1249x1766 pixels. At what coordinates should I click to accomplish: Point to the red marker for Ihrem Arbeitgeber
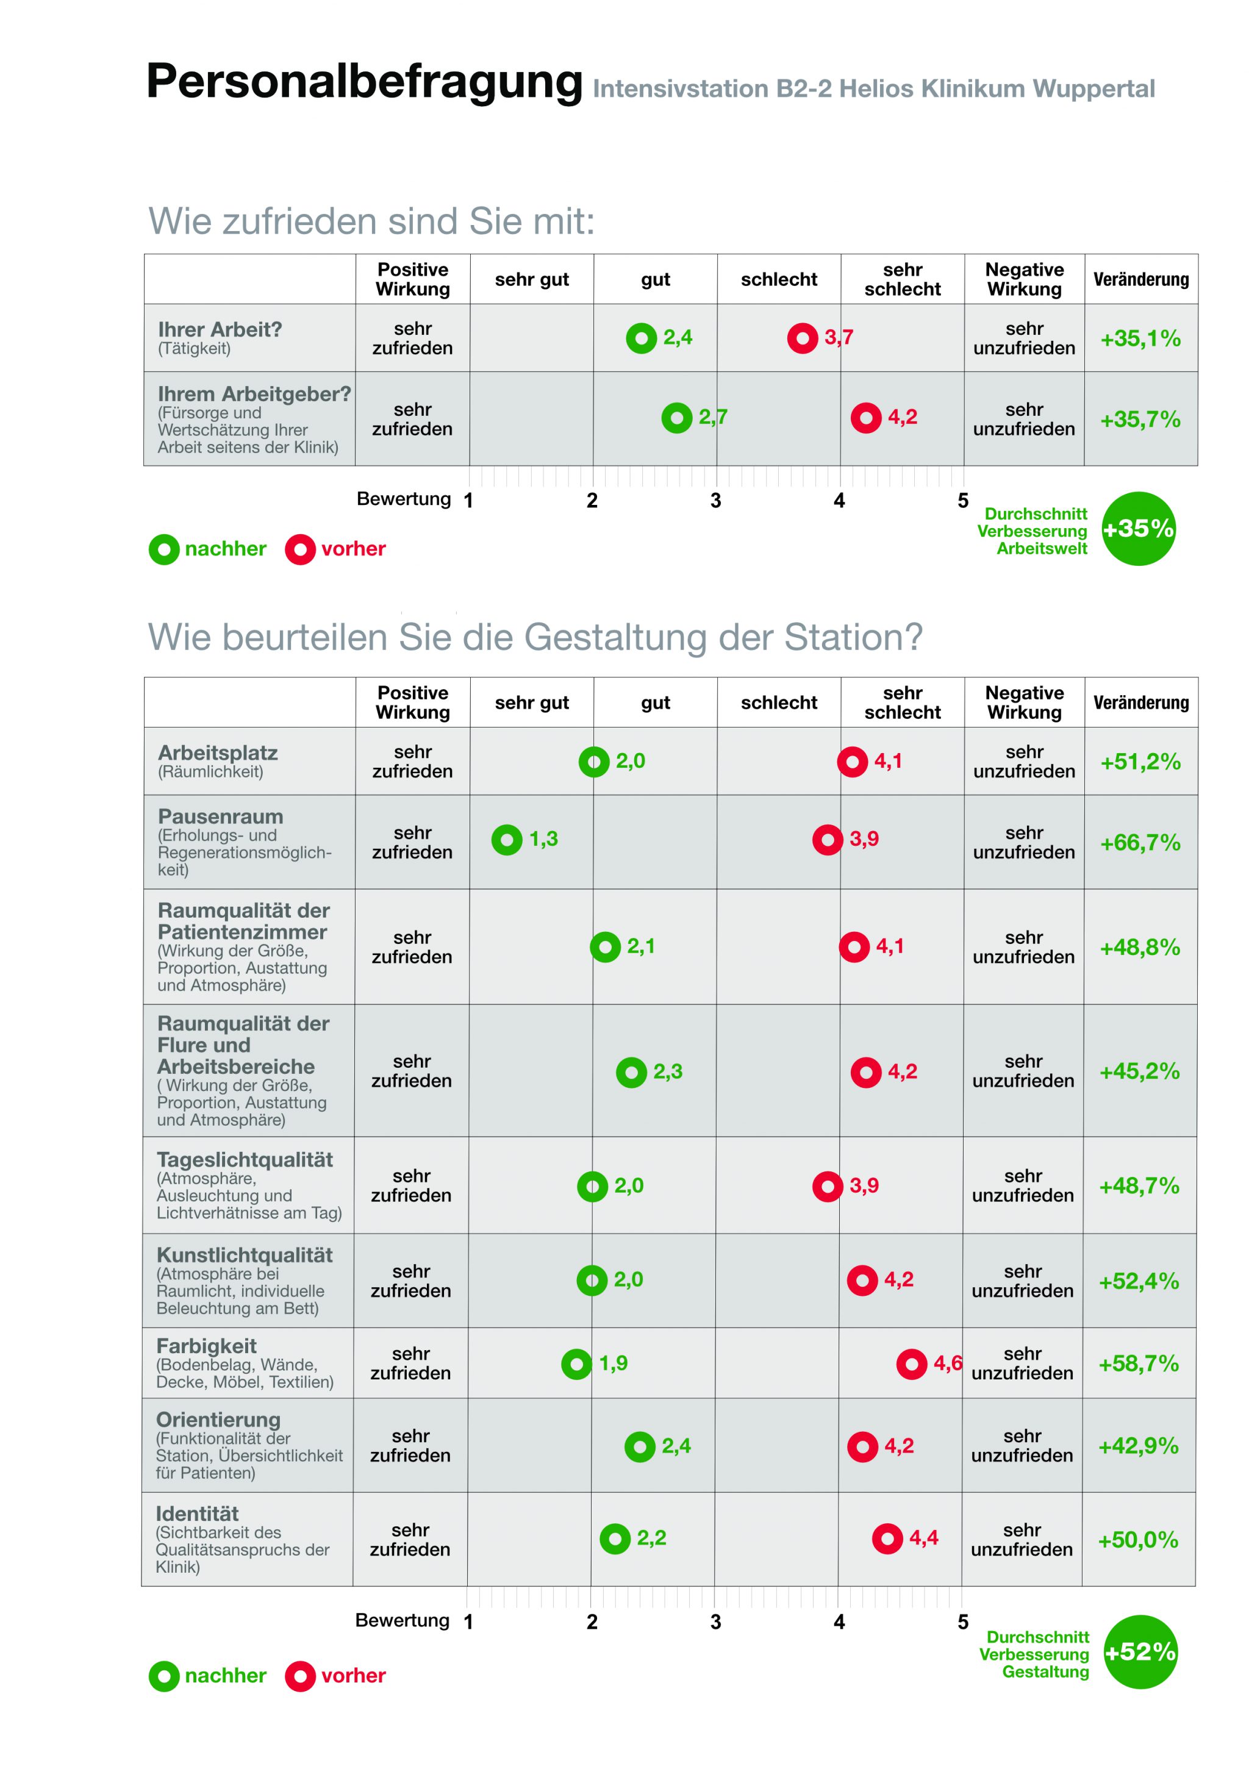(865, 418)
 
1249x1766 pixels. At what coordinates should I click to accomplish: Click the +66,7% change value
(1140, 842)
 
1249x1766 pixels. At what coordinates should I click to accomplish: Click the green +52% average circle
(1140, 1651)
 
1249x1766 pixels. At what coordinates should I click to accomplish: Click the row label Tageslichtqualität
(245, 1159)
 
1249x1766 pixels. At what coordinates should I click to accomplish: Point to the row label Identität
(197, 1513)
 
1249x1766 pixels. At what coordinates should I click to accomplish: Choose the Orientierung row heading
(218, 1419)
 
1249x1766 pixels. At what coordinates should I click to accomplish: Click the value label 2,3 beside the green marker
(668, 1071)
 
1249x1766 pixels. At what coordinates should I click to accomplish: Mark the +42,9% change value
(1138, 1446)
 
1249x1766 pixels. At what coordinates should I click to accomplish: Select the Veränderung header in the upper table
(1140, 279)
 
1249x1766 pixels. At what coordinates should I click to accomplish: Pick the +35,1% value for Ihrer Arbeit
(1140, 338)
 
